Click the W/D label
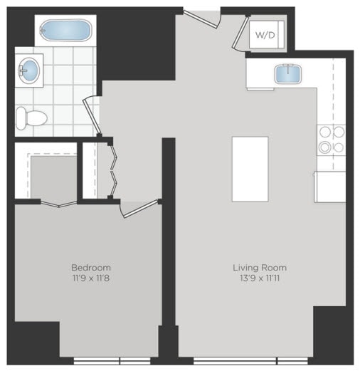[x=265, y=34]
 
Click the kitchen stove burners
[x=330, y=140]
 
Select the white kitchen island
[x=250, y=169]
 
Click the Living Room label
[x=260, y=268]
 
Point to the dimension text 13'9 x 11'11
[x=260, y=278]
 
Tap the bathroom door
[x=90, y=115]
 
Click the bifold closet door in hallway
[x=111, y=169]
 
